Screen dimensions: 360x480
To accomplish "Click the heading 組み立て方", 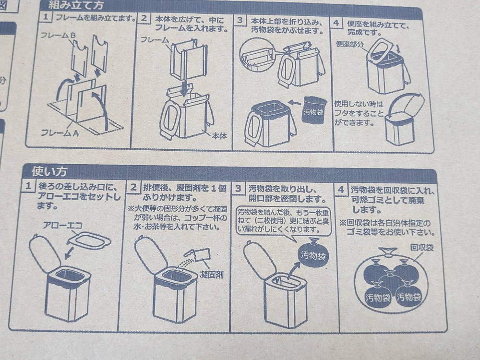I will click(76, 6).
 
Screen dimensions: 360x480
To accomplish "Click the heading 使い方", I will click(49, 171).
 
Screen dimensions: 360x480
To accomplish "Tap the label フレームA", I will click(60, 133).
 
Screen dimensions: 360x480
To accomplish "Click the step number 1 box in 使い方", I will click(29, 187).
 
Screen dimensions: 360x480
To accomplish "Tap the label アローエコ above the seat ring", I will click(60, 225).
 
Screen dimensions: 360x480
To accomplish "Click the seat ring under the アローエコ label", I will click(89, 240).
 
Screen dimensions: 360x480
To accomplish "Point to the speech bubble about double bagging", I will click(284, 220).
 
